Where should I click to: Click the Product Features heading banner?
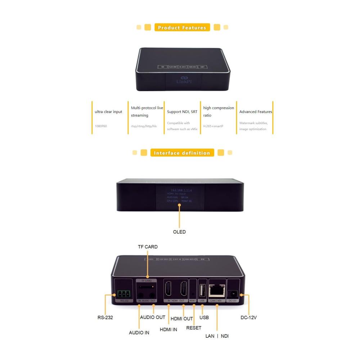pos(182,27)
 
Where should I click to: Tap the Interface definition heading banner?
pos(182,153)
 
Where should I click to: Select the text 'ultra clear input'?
pos(108,112)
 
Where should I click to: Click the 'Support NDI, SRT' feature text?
pos(182,112)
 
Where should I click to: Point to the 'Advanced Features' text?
pos(256,112)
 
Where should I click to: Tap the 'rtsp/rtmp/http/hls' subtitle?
pos(144,126)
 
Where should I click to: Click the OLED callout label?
pos(179,232)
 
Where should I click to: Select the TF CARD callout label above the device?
pos(148,247)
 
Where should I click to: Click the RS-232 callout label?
pos(105,318)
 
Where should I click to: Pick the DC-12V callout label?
pos(248,318)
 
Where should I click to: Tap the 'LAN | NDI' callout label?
pos(217,336)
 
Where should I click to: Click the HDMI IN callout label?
pos(168,329)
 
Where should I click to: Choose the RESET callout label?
pos(194,328)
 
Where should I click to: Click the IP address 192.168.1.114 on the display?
pos(179,190)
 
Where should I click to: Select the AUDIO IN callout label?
pos(139,333)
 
